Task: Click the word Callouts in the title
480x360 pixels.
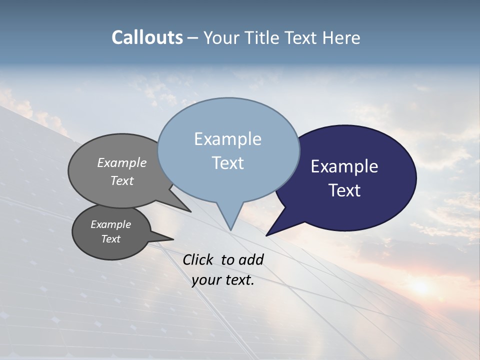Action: coord(147,37)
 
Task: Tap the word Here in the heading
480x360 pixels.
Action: coord(341,38)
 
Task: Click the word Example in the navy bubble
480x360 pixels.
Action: coord(344,166)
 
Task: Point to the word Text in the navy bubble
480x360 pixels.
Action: coord(344,190)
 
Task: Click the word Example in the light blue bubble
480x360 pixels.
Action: coord(227,139)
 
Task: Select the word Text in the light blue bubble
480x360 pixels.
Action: coord(227,163)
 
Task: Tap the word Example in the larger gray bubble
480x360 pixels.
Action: coord(121,162)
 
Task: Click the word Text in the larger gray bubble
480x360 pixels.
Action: coord(121,180)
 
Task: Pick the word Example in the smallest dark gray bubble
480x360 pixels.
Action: coord(110,224)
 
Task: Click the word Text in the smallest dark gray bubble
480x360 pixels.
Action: coord(110,239)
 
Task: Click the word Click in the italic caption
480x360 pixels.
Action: coord(198,259)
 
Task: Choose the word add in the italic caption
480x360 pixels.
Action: coord(250,259)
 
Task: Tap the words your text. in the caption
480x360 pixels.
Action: coord(223,280)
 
